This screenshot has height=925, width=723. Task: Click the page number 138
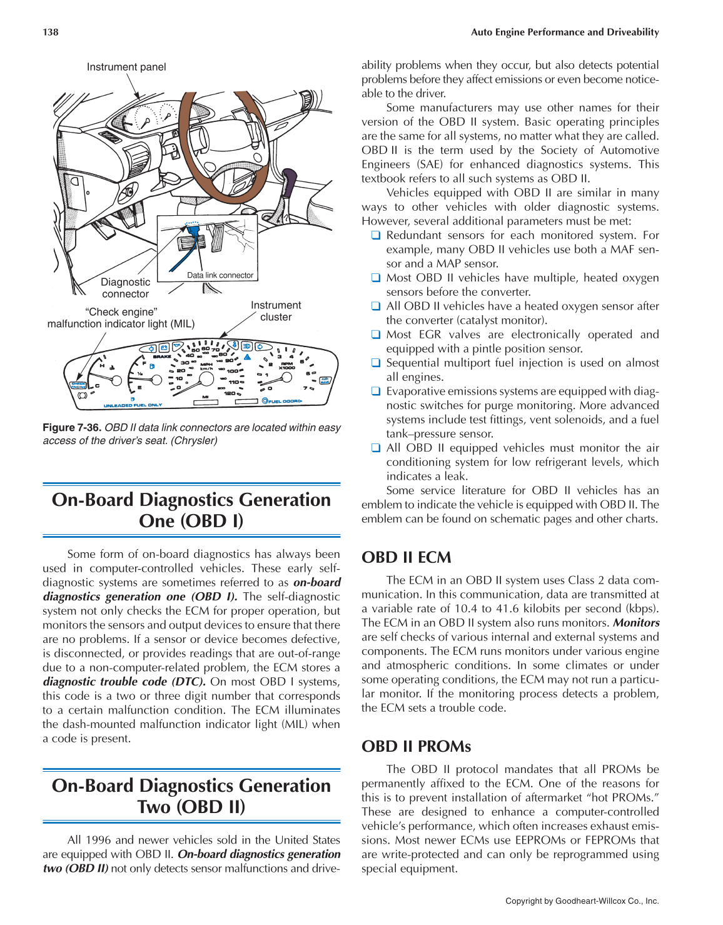[51, 32]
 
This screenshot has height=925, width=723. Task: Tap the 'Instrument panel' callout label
[126, 67]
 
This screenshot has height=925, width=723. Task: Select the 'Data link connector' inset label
[220, 275]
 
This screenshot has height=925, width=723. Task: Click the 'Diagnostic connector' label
[126, 288]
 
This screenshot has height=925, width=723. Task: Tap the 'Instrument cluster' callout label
[276, 311]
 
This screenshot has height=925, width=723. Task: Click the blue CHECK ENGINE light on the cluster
[79, 385]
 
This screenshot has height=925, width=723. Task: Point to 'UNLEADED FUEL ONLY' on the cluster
[133, 405]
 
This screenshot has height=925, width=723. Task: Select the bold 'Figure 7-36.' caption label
[72, 428]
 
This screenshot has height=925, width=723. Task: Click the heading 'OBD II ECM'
[406, 557]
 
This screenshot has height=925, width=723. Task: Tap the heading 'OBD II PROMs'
[416, 746]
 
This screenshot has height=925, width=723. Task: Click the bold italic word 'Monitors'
[636, 623]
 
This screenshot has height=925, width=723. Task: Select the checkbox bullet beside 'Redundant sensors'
[376, 236]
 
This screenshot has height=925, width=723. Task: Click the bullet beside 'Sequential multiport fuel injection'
[376, 363]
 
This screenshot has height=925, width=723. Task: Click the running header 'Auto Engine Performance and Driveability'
[565, 32]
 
